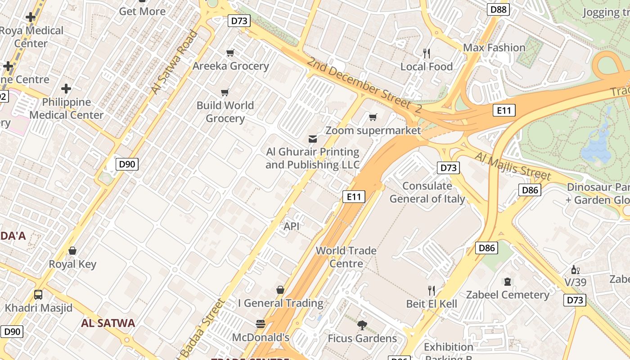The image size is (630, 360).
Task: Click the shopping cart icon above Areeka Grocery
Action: pyautogui.click(x=230, y=53)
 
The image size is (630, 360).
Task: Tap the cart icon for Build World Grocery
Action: pyautogui.click(x=225, y=93)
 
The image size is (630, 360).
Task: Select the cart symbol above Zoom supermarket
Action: pyautogui.click(x=373, y=117)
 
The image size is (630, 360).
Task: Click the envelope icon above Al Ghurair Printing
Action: pyautogui.click(x=312, y=139)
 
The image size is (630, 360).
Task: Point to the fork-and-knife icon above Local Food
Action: pyautogui.click(x=427, y=54)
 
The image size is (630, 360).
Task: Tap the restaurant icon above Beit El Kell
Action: pyautogui.click(x=432, y=291)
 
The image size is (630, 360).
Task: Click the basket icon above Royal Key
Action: pyautogui.click(x=72, y=251)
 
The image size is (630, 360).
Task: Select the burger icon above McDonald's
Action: pyautogui.click(x=260, y=324)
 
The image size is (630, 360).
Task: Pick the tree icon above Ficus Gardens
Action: pyautogui.click(x=362, y=325)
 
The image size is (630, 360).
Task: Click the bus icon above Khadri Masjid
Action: pyautogui.click(x=38, y=295)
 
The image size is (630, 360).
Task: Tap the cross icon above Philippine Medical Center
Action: pyautogui.click(x=66, y=89)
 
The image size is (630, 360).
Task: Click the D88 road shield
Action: pyautogui.click(x=498, y=9)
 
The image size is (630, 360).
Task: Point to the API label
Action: pyautogui.click(x=292, y=226)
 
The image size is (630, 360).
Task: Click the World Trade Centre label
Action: pyautogui.click(x=346, y=257)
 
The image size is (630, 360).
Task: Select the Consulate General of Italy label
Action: pyautogui.click(x=427, y=192)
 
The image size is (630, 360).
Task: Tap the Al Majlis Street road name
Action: pyautogui.click(x=513, y=165)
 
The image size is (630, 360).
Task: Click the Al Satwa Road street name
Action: pyautogui.click(x=174, y=62)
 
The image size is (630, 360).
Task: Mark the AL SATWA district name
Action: pyautogui.click(x=108, y=323)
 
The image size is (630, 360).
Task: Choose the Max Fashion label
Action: pyautogui.click(x=494, y=48)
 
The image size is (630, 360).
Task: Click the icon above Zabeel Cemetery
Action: pyautogui.click(x=508, y=282)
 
